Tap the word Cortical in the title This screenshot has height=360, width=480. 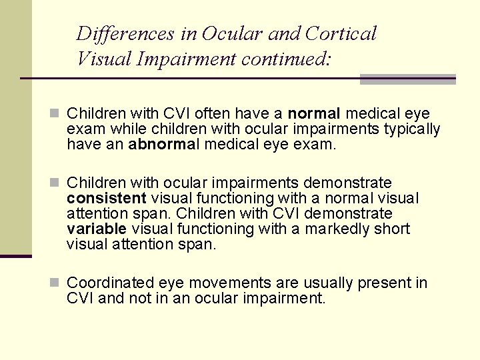pyautogui.click(x=341, y=33)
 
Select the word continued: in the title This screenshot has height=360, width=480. pyautogui.click(x=286, y=59)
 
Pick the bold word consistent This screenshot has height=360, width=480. pyautogui.click(x=107, y=198)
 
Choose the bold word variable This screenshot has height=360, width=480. pyautogui.click(x=97, y=229)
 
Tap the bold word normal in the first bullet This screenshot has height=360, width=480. pyautogui.click(x=314, y=113)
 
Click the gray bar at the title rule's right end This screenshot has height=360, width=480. pyautogui.click(x=407, y=79)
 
